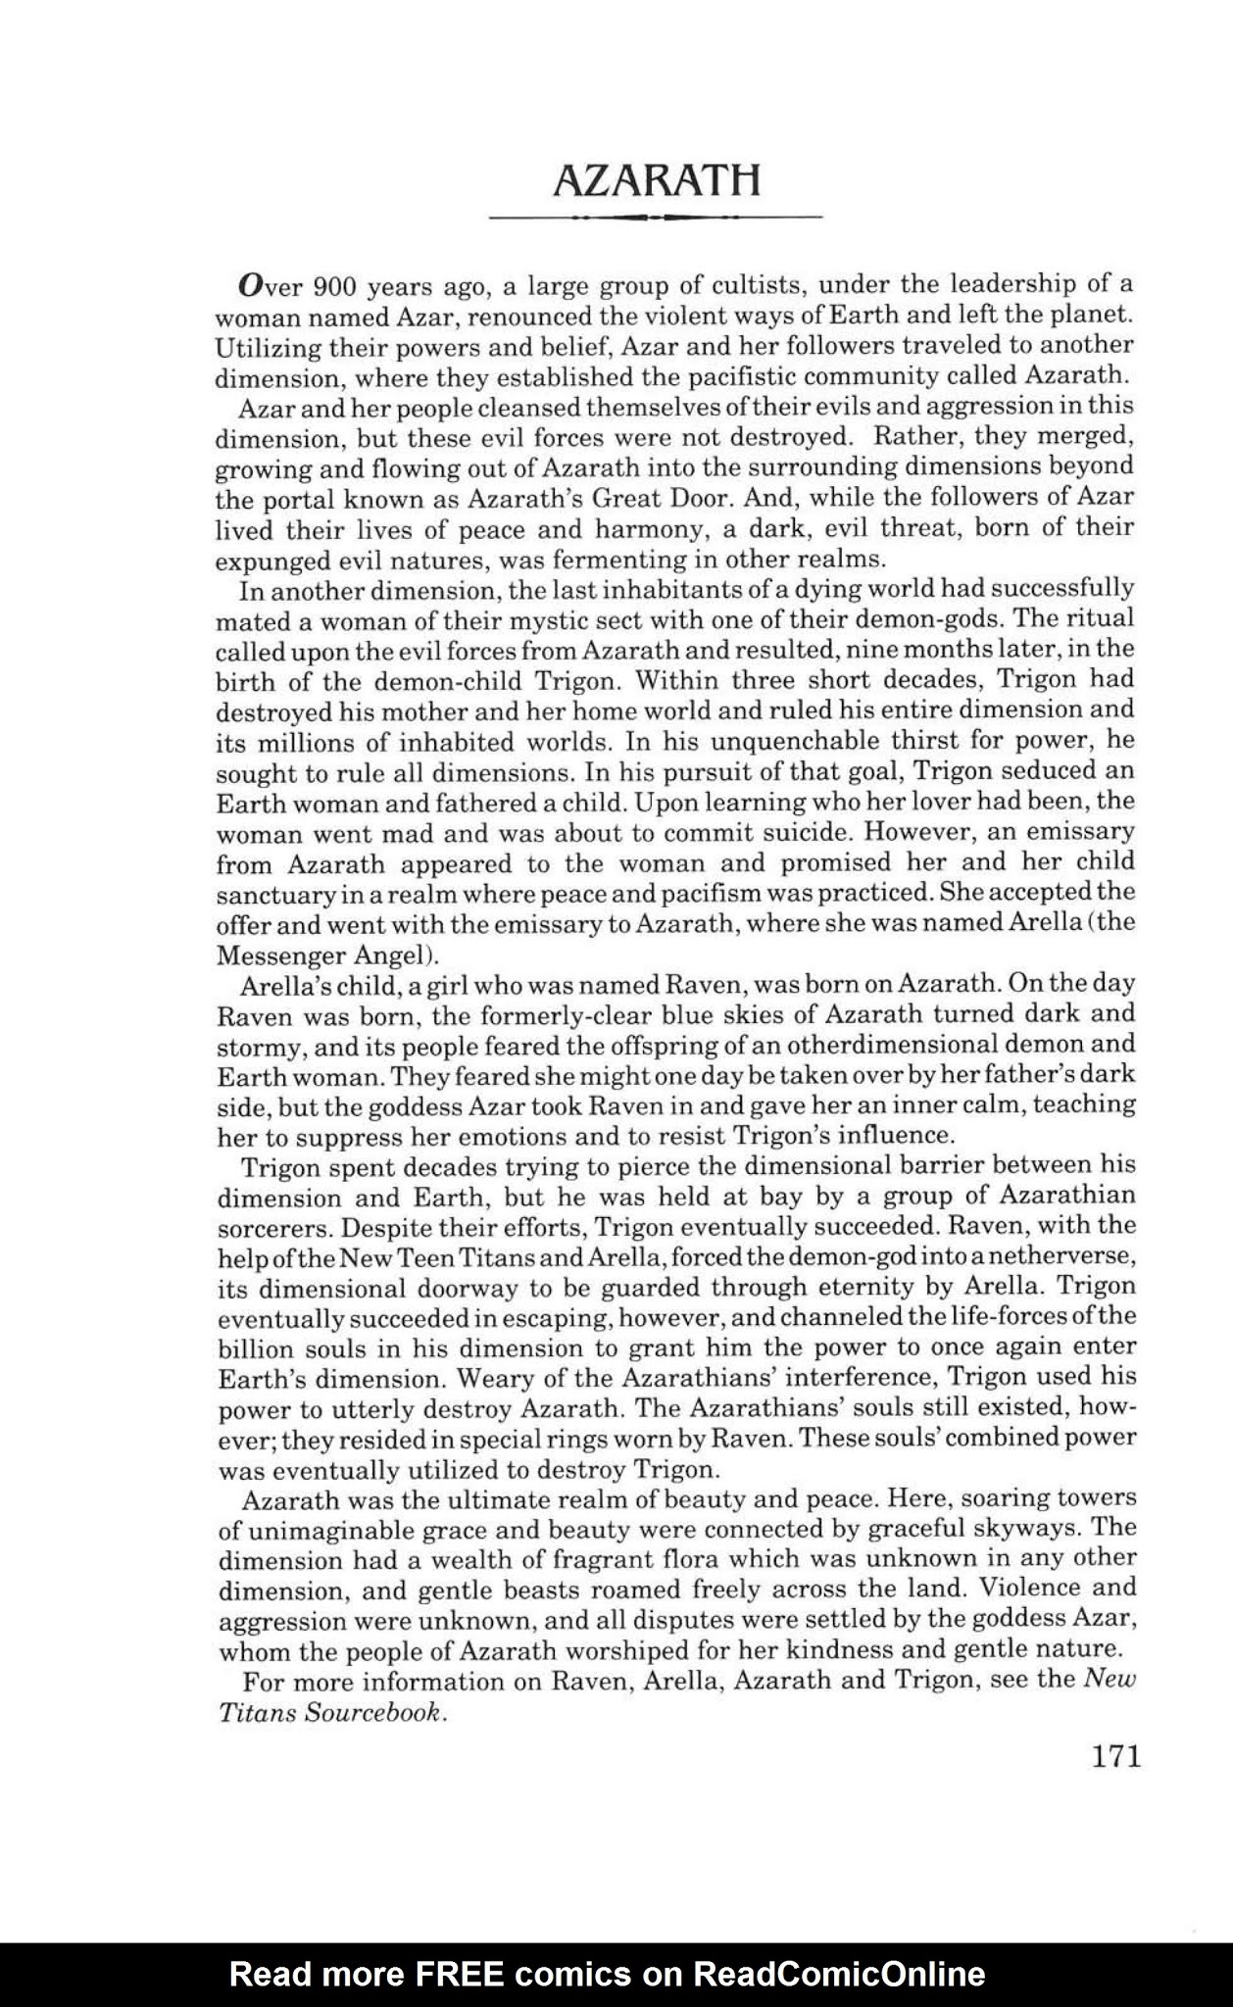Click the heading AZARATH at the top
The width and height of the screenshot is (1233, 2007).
(x=656, y=180)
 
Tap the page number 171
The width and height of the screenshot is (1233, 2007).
(x=1115, y=1755)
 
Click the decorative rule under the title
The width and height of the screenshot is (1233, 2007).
(x=655, y=217)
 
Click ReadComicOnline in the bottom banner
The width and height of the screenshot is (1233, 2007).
(x=839, y=1973)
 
